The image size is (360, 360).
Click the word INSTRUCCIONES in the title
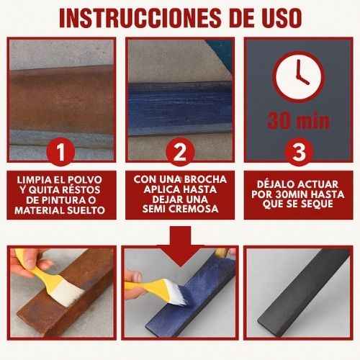coord(140,18)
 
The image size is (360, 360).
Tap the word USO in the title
coord(280,18)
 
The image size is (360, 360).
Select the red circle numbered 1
coord(60,151)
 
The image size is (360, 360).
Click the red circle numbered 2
coord(180,152)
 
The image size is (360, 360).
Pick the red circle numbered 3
coord(299,152)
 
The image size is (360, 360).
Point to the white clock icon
coord(299,77)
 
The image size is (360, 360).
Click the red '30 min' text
coord(299,121)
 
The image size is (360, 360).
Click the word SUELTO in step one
coord(86,210)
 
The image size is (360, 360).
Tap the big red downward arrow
coord(180,246)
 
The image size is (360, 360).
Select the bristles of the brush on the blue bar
coord(178,293)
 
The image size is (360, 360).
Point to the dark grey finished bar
coord(304,288)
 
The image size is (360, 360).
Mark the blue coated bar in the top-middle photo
coord(180,109)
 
